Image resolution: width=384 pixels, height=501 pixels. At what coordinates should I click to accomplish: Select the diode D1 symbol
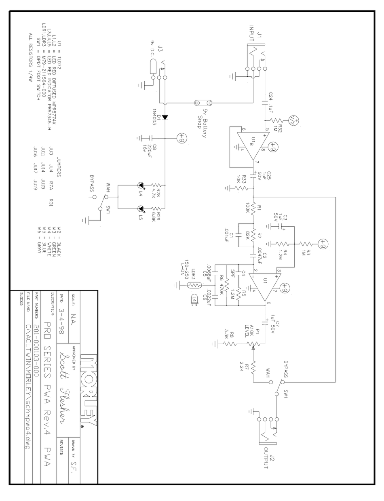click(x=165, y=117)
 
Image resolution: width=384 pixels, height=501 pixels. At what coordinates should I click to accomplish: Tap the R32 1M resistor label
click(x=278, y=128)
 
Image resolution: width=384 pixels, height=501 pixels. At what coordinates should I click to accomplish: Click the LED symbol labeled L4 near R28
click(x=140, y=186)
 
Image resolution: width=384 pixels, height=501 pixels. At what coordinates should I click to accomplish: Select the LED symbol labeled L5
click(x=140, y=209)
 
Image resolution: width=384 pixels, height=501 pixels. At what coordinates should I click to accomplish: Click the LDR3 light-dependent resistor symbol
click(x=194, y=285)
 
